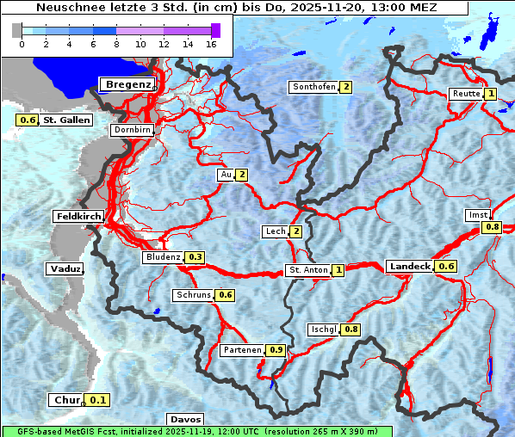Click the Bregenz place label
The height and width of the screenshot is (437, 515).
point(128,84)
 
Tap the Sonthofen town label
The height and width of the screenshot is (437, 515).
point(314,87)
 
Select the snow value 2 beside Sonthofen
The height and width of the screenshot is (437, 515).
point(345,87)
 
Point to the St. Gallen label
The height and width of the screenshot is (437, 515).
point(66,120)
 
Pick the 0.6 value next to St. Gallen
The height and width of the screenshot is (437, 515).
point(28,120)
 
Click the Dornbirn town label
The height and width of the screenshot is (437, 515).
point(132,131)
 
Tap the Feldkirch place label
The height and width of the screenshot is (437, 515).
point(78,216)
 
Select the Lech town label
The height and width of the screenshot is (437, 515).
point(276,231)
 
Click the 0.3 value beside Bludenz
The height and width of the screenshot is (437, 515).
point(195,257)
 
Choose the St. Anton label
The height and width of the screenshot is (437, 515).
point(308,270)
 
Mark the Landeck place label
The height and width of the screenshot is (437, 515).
point(410,267)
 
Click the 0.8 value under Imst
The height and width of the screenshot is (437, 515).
point(492,227)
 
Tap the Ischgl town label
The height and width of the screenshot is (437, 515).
point(324,329)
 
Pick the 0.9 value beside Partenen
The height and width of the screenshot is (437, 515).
point(276,350)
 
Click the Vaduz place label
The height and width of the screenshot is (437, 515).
point(65,269)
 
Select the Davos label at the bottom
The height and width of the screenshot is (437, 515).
point(185,420)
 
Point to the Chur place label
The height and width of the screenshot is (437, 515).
point(66,400)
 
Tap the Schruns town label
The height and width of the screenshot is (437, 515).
point(194,295)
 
